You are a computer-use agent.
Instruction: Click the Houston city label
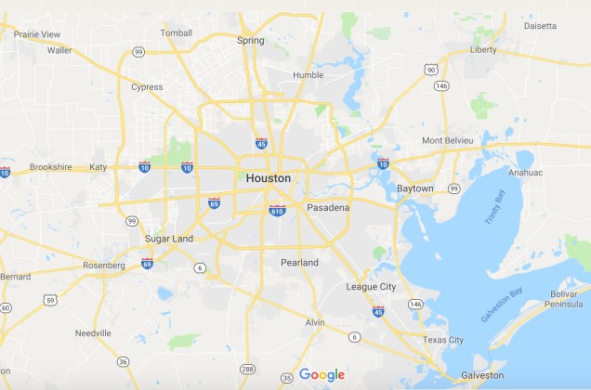[x=269, y=177]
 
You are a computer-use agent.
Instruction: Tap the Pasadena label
[x=328, y=207]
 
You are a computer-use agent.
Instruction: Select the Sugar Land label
[x=169, y=239]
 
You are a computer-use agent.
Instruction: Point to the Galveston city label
[x=482, y=375]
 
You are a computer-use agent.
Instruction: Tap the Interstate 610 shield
[x=277, y=211]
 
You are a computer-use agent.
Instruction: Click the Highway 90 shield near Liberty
[x=430, y=69]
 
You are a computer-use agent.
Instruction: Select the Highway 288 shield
[x=248, y=369]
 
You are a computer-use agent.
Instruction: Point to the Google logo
[x=322, y=374]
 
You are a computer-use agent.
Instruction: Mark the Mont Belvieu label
[x=448, y=140]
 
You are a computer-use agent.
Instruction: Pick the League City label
[x=371, y=287]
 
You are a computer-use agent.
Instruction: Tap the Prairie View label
[x=37, y=34]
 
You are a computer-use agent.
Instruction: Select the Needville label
[x=93, y=332]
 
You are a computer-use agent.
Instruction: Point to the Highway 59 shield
[x=50, y=299]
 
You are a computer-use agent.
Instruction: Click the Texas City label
[x=443, y=340]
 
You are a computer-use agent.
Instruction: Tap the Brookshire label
[x=50, y=167]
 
